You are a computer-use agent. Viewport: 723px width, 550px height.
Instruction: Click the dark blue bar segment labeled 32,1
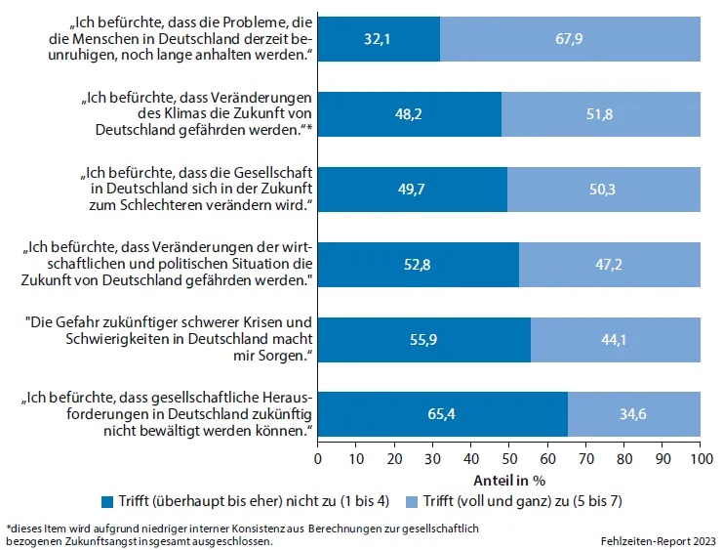tap(379, 39)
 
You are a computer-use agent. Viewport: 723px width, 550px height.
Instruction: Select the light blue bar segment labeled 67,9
tap(570, 39)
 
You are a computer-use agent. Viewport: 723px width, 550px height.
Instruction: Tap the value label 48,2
tap(410, 114)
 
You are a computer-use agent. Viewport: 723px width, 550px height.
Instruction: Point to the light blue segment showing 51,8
tap(601, 114)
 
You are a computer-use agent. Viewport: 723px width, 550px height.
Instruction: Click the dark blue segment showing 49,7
tap(413, 190)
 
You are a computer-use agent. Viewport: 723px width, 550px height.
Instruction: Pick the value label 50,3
tap(604, 190)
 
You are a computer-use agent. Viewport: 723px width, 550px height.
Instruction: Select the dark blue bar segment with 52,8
tap(419, 264)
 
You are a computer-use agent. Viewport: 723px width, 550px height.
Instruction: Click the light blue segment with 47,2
tap(610, 264)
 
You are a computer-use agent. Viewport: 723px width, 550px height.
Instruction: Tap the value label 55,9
tap(424, 339)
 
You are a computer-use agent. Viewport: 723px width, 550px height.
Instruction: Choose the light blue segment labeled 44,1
tap(616, 339)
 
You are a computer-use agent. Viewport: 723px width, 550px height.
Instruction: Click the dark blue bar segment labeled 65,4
tap(443, 414)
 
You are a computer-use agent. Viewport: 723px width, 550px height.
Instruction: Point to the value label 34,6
tap(634, 414)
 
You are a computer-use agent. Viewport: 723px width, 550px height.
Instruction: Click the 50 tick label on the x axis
tap(509, 458)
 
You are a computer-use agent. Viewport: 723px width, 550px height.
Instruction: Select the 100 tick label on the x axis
tap(700, 458)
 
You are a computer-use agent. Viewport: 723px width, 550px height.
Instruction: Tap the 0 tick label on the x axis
tap(318, 458)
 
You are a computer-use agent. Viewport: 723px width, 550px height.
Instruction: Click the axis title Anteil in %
tap(508, 480)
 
